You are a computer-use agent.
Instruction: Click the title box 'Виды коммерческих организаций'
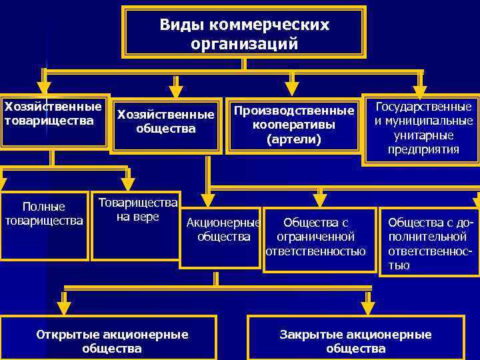pyautogui.click(x=244, y=33)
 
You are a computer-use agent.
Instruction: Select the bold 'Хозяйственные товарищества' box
pyautogui.click(x=53, y=120)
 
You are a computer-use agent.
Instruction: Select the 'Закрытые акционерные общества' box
pyautogui.click(x=355, y=341)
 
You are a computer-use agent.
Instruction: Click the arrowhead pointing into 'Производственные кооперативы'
pyautogui.click(x=291, y=89)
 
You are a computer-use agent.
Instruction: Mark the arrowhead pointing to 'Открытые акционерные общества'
pyautogui.click(x=64, y=307)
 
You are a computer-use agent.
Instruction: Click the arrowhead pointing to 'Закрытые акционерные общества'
pyautogui.click(x=368, y=307)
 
